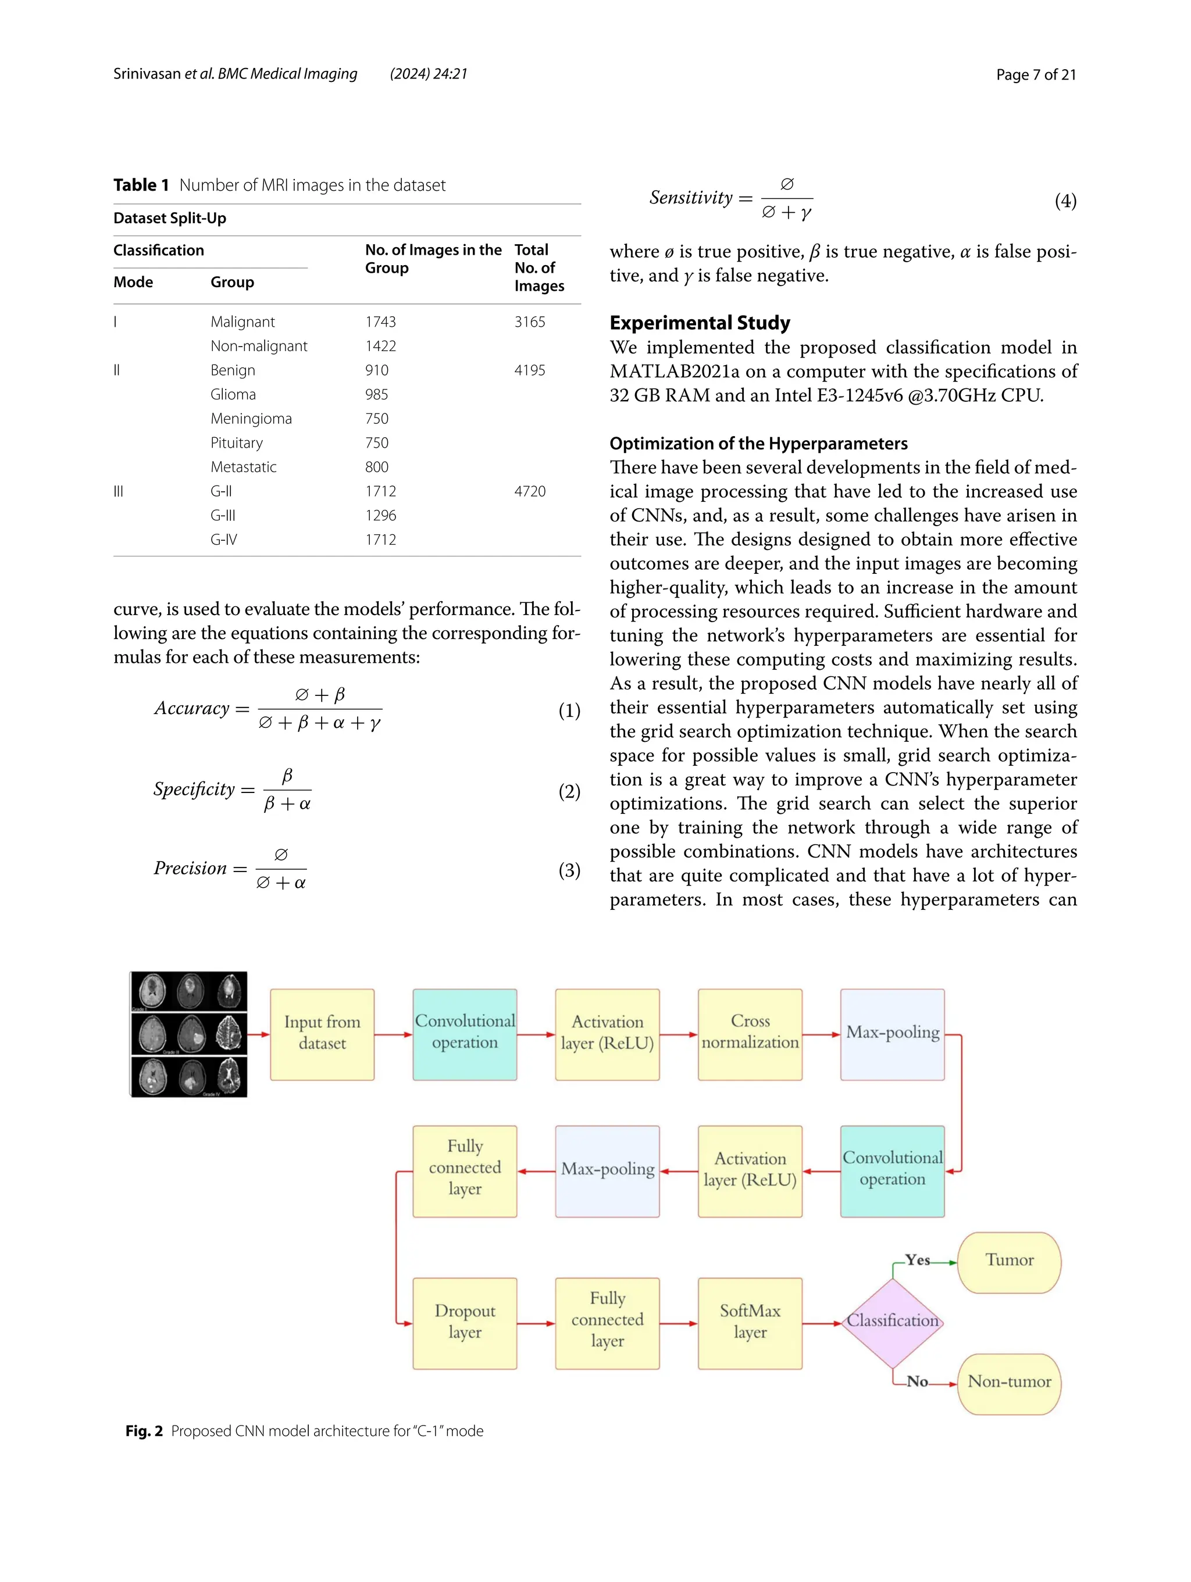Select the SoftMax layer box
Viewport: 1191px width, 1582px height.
750,1322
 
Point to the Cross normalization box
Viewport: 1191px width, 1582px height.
750,1034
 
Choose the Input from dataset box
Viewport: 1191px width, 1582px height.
322,1034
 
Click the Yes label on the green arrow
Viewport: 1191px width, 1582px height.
917,1260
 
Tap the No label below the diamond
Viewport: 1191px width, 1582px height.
917,1382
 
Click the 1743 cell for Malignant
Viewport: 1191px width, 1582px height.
380,322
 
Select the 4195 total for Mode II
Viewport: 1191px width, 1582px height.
529,370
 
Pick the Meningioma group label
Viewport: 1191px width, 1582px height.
251,419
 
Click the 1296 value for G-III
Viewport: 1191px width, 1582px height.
380,516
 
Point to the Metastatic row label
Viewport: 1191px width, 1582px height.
243,467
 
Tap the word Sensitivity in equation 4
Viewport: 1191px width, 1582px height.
691,198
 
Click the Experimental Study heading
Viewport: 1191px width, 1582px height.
700,323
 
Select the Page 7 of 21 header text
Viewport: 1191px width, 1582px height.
1035,74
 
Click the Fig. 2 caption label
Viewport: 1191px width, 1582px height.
144,1431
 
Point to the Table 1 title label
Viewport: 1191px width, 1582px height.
141,185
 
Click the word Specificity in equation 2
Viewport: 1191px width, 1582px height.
194,790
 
